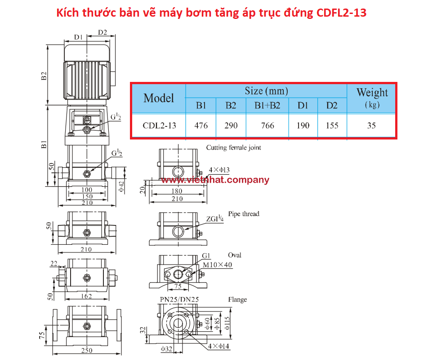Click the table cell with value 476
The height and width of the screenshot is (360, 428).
pos(201,126)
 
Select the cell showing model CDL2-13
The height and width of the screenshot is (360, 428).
pos(160,126)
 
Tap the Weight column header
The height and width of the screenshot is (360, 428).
pos(372,98)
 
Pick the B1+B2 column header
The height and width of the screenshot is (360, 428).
pos(267,105)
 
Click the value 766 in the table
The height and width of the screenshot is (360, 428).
pos(267,126)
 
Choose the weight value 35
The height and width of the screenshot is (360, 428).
pos(371,126)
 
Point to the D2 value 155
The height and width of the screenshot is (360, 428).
pos(332,126)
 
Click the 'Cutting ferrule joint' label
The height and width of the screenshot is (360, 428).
pos(233,148)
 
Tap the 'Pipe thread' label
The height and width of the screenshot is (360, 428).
pos(244,214)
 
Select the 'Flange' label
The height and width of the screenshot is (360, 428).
pos(237,300)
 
